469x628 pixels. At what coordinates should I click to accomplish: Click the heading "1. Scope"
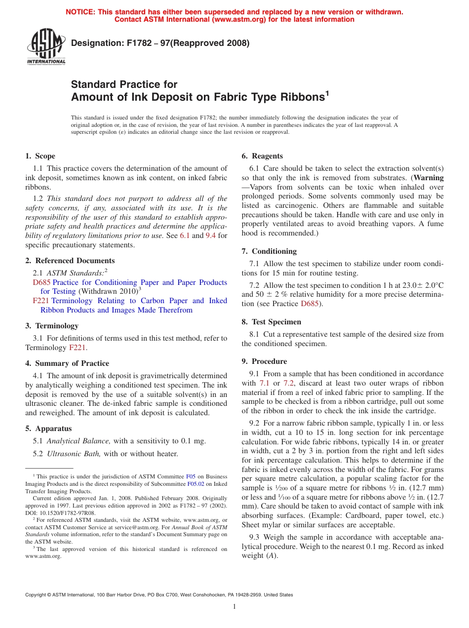point(40,156)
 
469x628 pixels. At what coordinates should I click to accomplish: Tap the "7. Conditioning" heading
point(269,251)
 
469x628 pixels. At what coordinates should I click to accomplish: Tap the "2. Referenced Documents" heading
point(70,260)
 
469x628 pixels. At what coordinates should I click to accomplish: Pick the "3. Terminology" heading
point(51,325)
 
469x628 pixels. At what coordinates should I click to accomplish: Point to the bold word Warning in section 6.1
point(429,178)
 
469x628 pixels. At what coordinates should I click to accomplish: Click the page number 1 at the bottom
point(234,607)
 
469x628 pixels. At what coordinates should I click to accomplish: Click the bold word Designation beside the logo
point(95,43)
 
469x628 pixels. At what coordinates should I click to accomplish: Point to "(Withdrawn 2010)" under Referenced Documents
point(109,291)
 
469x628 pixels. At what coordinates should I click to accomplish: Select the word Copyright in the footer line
point(38,595)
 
